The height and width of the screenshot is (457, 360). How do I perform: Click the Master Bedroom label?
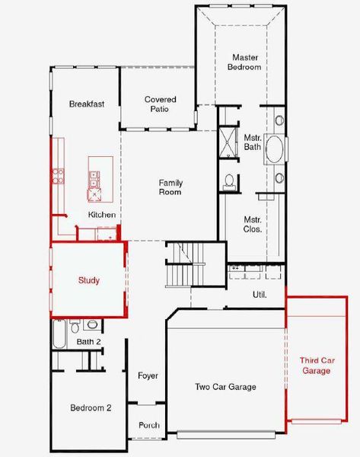tap(246, 62)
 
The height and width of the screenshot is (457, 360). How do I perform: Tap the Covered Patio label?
tap(160, 104)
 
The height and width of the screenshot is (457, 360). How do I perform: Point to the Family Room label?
tap(170, 187)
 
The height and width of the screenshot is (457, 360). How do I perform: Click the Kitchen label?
tap(102, 215)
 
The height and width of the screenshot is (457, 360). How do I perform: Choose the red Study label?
tap(89, 280)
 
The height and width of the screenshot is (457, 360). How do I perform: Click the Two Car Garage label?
tap(225, 387)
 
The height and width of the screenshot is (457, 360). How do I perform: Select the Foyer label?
tap(148, 376)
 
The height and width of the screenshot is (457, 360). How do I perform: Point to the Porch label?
tap(149, 425)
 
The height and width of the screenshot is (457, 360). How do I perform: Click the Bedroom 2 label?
tap(91, 408)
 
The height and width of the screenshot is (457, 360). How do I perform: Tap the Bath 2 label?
tap(89, 342)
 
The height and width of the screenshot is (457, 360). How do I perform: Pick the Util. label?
tap(260, 293)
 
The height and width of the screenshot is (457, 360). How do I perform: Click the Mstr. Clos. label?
tap(253, 224)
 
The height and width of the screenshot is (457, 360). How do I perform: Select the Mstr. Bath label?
tap(253, 142)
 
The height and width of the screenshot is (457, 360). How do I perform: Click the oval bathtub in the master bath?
tap(274, 149)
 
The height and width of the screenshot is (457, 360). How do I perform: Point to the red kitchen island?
tap(100, 176)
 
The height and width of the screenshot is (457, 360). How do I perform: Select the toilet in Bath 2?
tap(75, 326)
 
